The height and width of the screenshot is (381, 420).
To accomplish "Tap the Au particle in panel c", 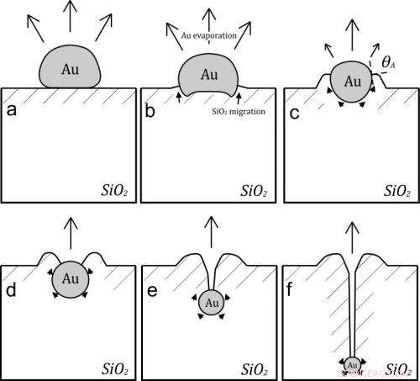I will pyautogui.click(x=353, y=82).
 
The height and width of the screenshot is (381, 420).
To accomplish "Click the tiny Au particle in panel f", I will pyautogui.click(x=353, y=364).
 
